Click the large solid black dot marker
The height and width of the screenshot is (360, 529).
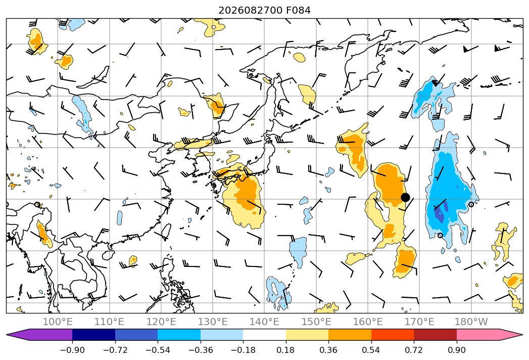coord(405,197)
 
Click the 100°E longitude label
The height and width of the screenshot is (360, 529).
coord(58,322)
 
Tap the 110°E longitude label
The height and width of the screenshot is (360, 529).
coord(109,322)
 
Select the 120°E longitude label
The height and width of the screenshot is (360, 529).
coord(161,322)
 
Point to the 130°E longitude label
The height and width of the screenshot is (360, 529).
coord(213,322)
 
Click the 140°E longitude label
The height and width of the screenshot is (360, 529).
coord(264,322)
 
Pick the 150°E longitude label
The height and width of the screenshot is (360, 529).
coord(316,322)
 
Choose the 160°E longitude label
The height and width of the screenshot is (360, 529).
coord(368,322)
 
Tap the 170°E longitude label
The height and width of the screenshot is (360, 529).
coord(419,322)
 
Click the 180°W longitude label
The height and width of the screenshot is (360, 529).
coord(471,322)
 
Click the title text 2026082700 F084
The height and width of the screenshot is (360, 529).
coord(265,11)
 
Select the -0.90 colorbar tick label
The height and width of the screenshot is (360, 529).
coord(72,350)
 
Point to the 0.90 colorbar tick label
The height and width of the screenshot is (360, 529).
coord(457,350)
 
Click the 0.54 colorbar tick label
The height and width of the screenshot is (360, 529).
coord(371,350)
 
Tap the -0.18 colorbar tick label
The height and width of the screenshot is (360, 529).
coord(243,350)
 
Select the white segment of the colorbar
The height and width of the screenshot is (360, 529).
coord(265,334)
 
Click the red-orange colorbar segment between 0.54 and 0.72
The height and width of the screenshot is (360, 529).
coord(393,334)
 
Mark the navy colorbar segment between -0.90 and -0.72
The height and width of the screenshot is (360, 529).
coord(94,334)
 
